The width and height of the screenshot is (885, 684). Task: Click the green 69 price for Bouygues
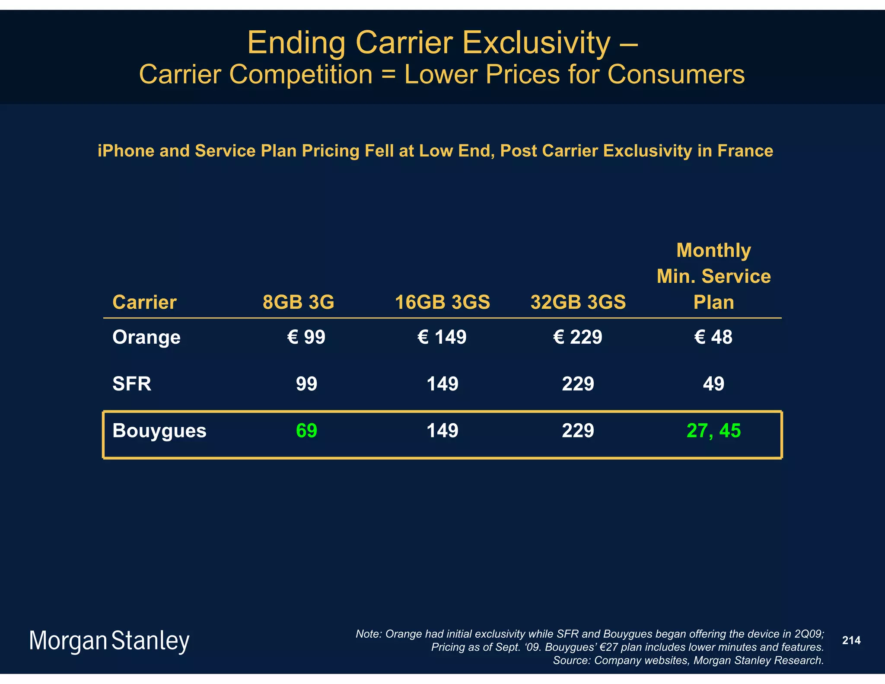(306, 431)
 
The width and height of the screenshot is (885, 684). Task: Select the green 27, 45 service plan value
(713, 431)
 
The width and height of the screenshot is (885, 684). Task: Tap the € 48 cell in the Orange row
(713, 337)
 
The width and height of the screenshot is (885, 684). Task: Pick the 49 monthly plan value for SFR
(713, 384)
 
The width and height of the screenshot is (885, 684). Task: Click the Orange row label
(146, 337)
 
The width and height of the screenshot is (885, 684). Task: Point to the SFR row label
(132, 384)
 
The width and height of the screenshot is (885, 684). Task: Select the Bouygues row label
(159, 431)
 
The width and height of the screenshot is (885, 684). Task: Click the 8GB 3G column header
(299, 302)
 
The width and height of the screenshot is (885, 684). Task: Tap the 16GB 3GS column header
(442, 302)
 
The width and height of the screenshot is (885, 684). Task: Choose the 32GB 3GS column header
(578, 302)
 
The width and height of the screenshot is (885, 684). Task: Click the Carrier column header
(144, 302)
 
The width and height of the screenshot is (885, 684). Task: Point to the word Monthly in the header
(713, 250)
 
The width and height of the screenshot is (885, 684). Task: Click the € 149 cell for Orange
(442, 337)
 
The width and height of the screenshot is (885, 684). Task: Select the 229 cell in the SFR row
(578, 384)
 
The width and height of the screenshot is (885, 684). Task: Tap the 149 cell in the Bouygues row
(442, 431)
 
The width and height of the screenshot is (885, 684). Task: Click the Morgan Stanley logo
(109, 641)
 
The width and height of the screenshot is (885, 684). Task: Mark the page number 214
(851, 640)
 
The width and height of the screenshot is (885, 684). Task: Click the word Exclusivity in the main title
(536, 43)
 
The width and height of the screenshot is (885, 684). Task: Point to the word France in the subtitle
(745, 151)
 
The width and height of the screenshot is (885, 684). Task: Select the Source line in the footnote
(688, 661)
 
